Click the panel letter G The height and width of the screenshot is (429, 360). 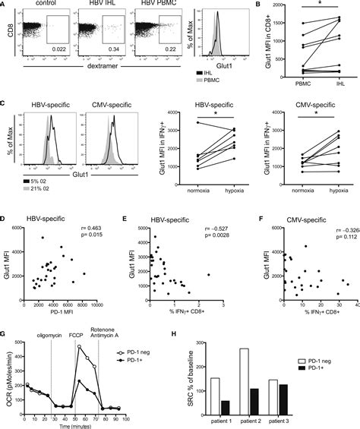(5, 307)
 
